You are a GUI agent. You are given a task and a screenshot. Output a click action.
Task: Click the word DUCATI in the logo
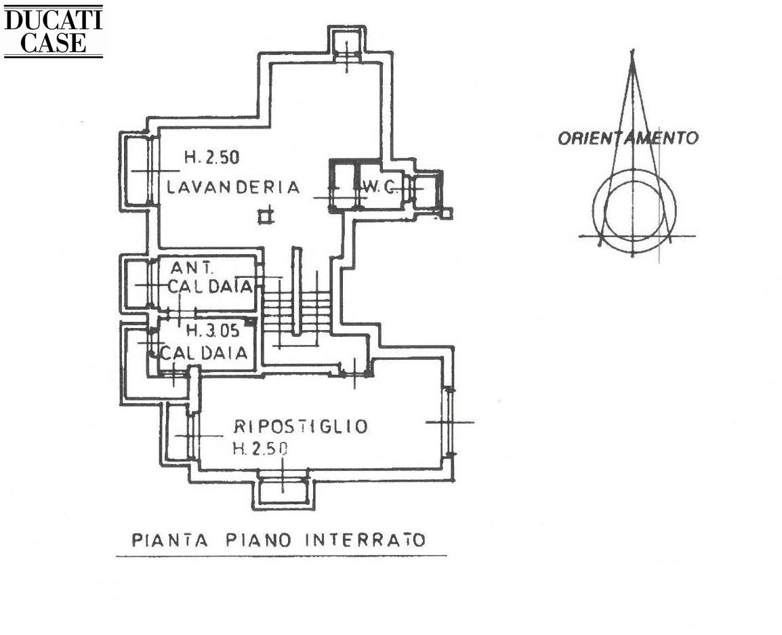coord(53,20)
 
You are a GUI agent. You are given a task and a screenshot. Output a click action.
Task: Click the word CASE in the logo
coord(54,43)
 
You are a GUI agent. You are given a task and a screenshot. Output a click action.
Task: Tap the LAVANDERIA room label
coord(233,188)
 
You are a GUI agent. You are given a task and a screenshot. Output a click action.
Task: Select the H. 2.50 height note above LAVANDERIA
coord(212,158)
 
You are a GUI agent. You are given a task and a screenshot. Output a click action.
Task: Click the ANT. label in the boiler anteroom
coord(192,268)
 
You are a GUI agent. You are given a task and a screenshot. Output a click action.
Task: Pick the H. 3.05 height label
coord(213,330)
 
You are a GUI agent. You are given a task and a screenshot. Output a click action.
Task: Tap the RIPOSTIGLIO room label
coord(301,426)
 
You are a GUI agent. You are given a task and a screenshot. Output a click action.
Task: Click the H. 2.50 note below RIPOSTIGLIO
coord(260,449)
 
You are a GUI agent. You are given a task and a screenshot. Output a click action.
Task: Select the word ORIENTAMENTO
coord(628,138)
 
